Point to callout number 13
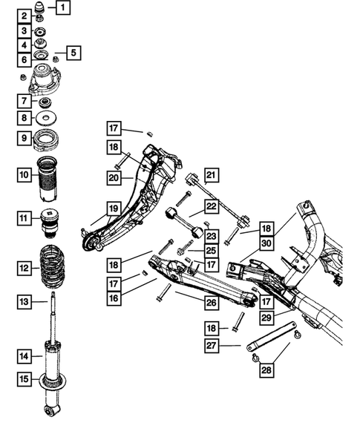tap(24, 301)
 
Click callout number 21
tap(212, 176)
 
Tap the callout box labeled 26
tap(212, 302)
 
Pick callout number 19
tap(112, 209)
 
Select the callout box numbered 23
tap(212, 237)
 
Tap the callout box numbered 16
tap(112, 297)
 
